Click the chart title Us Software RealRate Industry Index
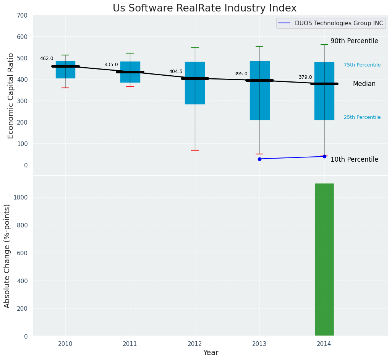(x=204, y=8)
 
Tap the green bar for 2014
(x=324, y=259)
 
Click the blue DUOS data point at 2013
(x=259, y=159)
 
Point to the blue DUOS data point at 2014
(x=324, y=156)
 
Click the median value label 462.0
(x=47, y=58)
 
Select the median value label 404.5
(x=176, y=71)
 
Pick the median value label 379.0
(x=305, y=77)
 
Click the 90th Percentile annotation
(x=354, y=41)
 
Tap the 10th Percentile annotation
(x=354, y=159)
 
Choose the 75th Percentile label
(x=362, y=65)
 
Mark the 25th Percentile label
(x=362, y=117)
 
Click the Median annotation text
(x=364, y=84)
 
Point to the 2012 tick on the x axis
(x=195, y=344)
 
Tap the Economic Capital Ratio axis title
(x=11, y=96)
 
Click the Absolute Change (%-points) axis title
(x=7, y=256)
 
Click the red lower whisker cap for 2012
(x=195, y=150)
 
